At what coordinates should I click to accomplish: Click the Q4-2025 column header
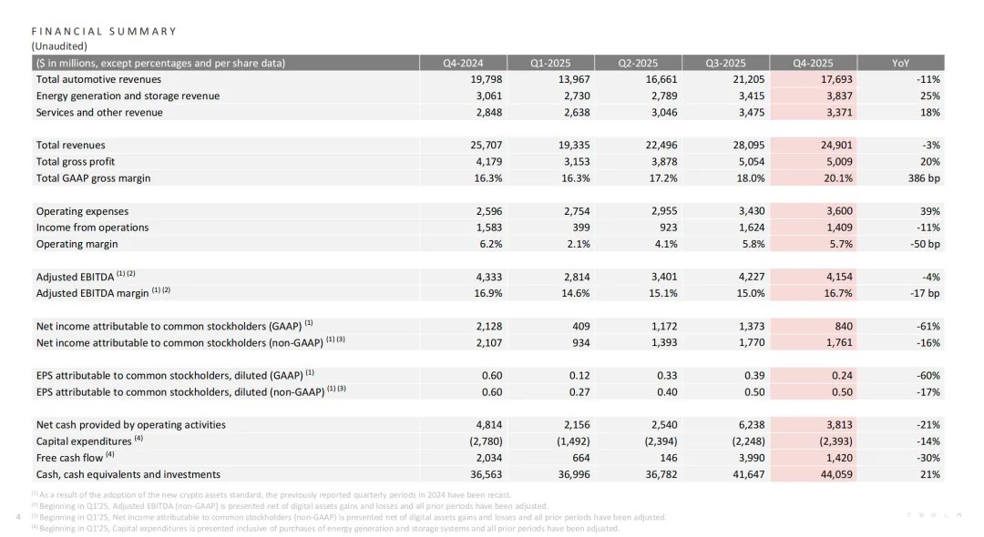(x=813, y=63)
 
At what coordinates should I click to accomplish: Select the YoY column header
(x=900, y=63)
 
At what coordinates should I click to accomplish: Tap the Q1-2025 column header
(x=550, y=63)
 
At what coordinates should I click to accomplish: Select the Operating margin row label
(x=77, y=244)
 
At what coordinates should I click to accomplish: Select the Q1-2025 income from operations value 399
(x=579, y=228)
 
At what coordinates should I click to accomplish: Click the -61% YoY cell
(x=927, y=326)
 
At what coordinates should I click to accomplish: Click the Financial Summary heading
(x=104, y=31)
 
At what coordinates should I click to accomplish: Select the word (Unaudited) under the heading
(x=59, y=46)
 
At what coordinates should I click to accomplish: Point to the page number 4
(x=20, y=517)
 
